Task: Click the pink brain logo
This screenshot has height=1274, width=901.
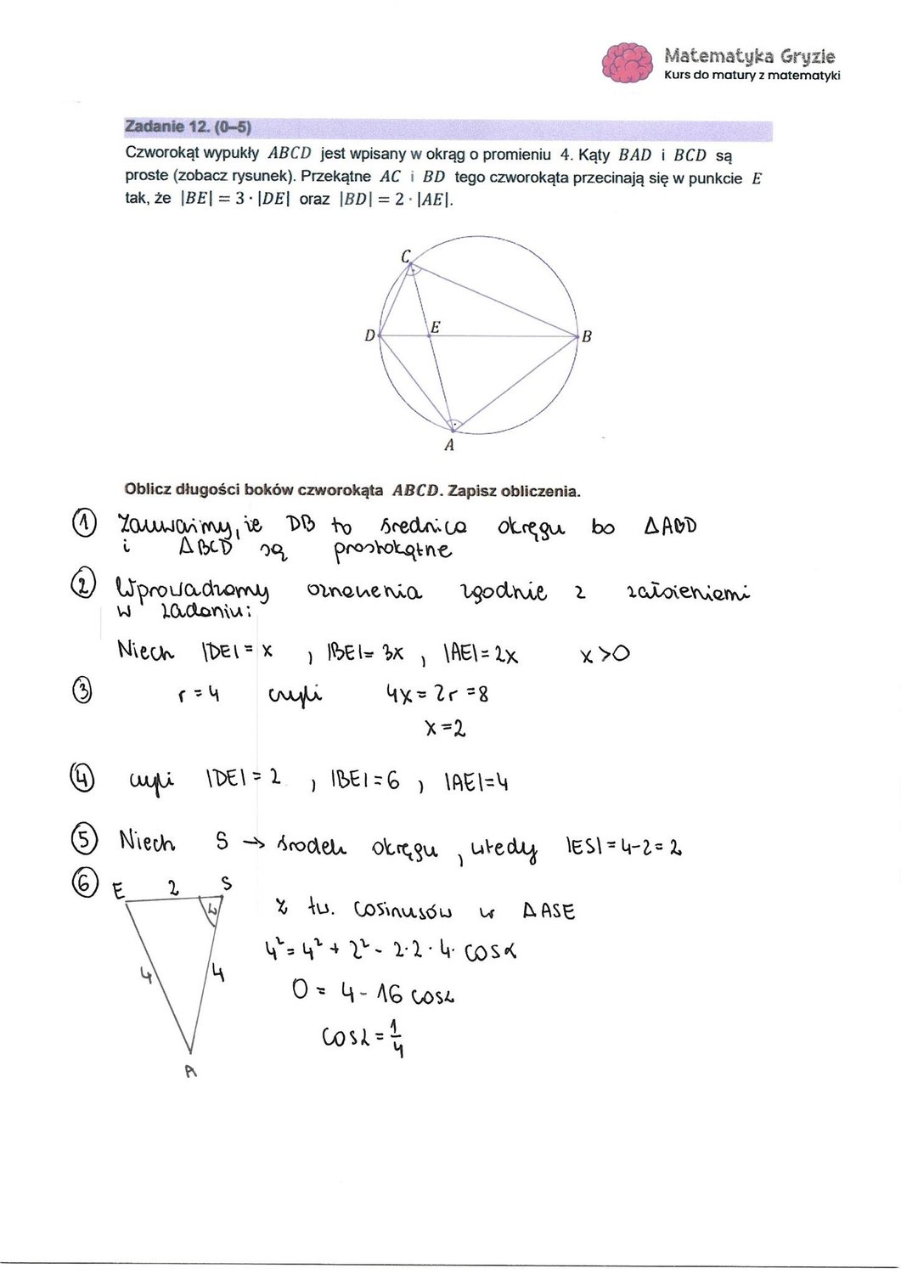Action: tap(629, 62)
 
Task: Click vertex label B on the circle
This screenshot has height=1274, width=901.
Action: tap(586, 337)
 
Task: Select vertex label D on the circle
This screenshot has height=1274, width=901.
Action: tap(369, 335)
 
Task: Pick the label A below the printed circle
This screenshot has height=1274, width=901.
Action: tap(449, 445)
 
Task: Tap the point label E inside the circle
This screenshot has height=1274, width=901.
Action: tap(435, 326)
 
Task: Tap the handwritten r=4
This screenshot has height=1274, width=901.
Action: tap(200, 695)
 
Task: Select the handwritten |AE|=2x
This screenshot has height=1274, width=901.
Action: tap(479, 655)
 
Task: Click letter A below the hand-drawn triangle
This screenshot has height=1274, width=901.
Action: tap(190, 1072)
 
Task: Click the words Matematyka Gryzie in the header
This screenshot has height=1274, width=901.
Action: tap(749, 57)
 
